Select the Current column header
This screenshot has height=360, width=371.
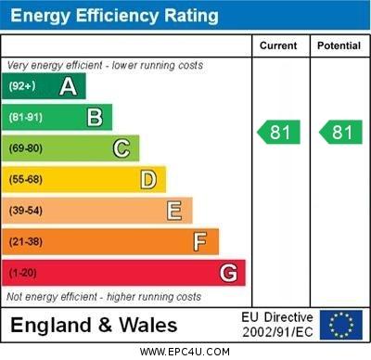(278, 45)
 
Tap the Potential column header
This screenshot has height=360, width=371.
(339, 45)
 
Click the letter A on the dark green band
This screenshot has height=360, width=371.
(68, 86)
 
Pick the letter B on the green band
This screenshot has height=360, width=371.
(95, 117)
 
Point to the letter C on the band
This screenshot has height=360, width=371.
(122, 148)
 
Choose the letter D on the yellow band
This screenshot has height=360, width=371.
(148, 179)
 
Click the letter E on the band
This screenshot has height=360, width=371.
(174, 211)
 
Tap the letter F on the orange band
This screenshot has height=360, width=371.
(200, 242)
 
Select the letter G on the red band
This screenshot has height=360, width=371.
(228, 273)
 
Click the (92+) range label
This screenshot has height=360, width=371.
(23, 86)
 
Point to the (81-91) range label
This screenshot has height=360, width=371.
(27, 118)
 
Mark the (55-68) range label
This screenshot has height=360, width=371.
(27, 180)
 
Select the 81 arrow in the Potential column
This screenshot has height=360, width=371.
(340, 133)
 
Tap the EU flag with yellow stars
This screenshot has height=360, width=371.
(341, 325)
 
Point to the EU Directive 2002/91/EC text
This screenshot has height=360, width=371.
(277, 325)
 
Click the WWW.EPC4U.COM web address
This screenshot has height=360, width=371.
(185, 352)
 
